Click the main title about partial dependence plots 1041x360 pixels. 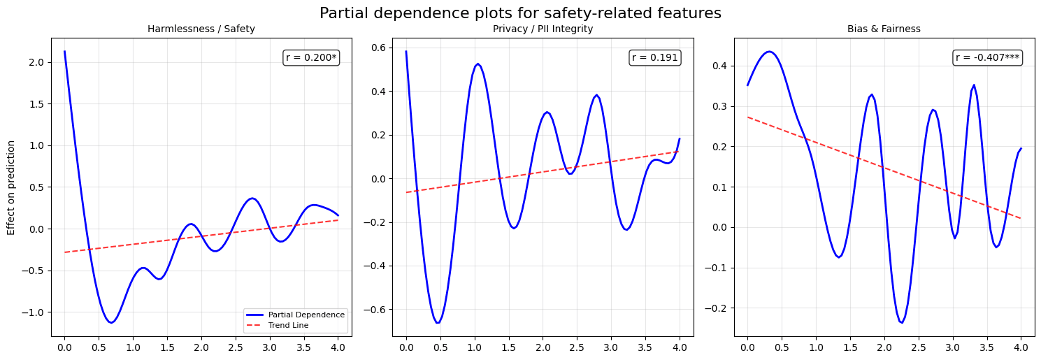[520, 13]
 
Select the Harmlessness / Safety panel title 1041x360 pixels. [201, 29]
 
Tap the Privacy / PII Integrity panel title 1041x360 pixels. [543, 29]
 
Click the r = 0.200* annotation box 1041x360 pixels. [311, 58]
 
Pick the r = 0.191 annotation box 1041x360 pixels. [654, 58]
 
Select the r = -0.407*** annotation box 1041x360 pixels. [987, 58]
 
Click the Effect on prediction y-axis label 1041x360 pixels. [11, 187]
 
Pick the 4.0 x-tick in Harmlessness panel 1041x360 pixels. [338, 347]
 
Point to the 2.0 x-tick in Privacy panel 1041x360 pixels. [543, 347]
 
